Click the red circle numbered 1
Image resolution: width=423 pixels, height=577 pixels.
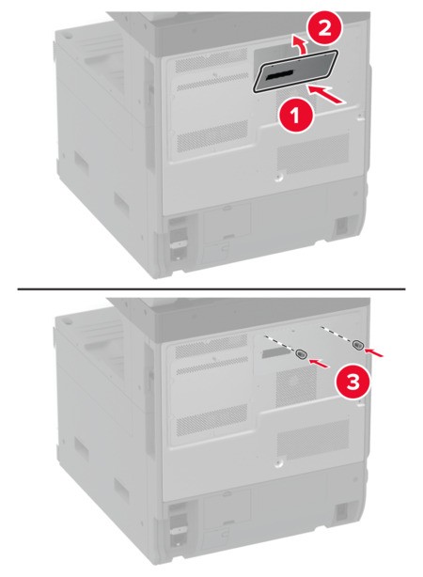[295, 117]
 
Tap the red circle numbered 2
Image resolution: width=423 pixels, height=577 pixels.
[324, 28]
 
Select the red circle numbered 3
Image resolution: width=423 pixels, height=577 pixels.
[352, 382]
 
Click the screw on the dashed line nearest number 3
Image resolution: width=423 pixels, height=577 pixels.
[357, 345]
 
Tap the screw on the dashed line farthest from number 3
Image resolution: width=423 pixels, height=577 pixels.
[301, 354]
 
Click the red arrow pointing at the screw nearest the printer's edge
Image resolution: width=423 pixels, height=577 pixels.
[375, 352]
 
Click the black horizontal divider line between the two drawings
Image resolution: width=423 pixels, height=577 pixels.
[211, 288]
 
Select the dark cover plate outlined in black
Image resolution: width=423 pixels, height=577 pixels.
[295, 71]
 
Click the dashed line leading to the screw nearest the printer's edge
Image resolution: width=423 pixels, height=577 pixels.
[337, 335]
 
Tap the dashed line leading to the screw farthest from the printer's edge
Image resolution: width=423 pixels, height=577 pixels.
[280, 343]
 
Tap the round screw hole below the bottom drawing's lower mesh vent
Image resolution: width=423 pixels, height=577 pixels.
[278, 461]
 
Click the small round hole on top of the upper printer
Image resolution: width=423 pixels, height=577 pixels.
[70, 37]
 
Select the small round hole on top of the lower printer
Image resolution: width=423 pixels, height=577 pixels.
[70, 322]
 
